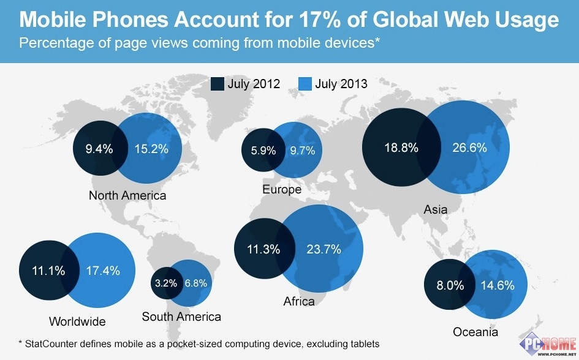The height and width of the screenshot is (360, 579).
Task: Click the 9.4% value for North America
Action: pyautogui.click(x=99, y=148)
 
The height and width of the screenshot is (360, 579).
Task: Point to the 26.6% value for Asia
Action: pyautogui.click(x=469, y=148)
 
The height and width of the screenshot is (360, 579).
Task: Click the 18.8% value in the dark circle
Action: pyautogui.click(x=401, y=148)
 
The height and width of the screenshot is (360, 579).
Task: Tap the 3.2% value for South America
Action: pyautogui.click(x=165, y=283)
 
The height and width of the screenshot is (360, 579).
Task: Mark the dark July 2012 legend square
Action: pyautogui.click(x=217, y=84)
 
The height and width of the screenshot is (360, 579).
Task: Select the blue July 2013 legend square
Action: pyautogui.click(x=305, y=84)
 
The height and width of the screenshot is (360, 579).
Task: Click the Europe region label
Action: pyautogui.click(x=282, y=189)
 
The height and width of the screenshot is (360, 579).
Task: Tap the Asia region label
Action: pyautogui.click(x=435, y=210)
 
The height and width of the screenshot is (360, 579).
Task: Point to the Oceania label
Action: pyautogui.click(x=475, y=332)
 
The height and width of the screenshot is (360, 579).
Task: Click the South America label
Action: pyautogui.click(x=181, y=317)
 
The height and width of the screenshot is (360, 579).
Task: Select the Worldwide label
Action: pyautogui.click(x=77, y=321)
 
